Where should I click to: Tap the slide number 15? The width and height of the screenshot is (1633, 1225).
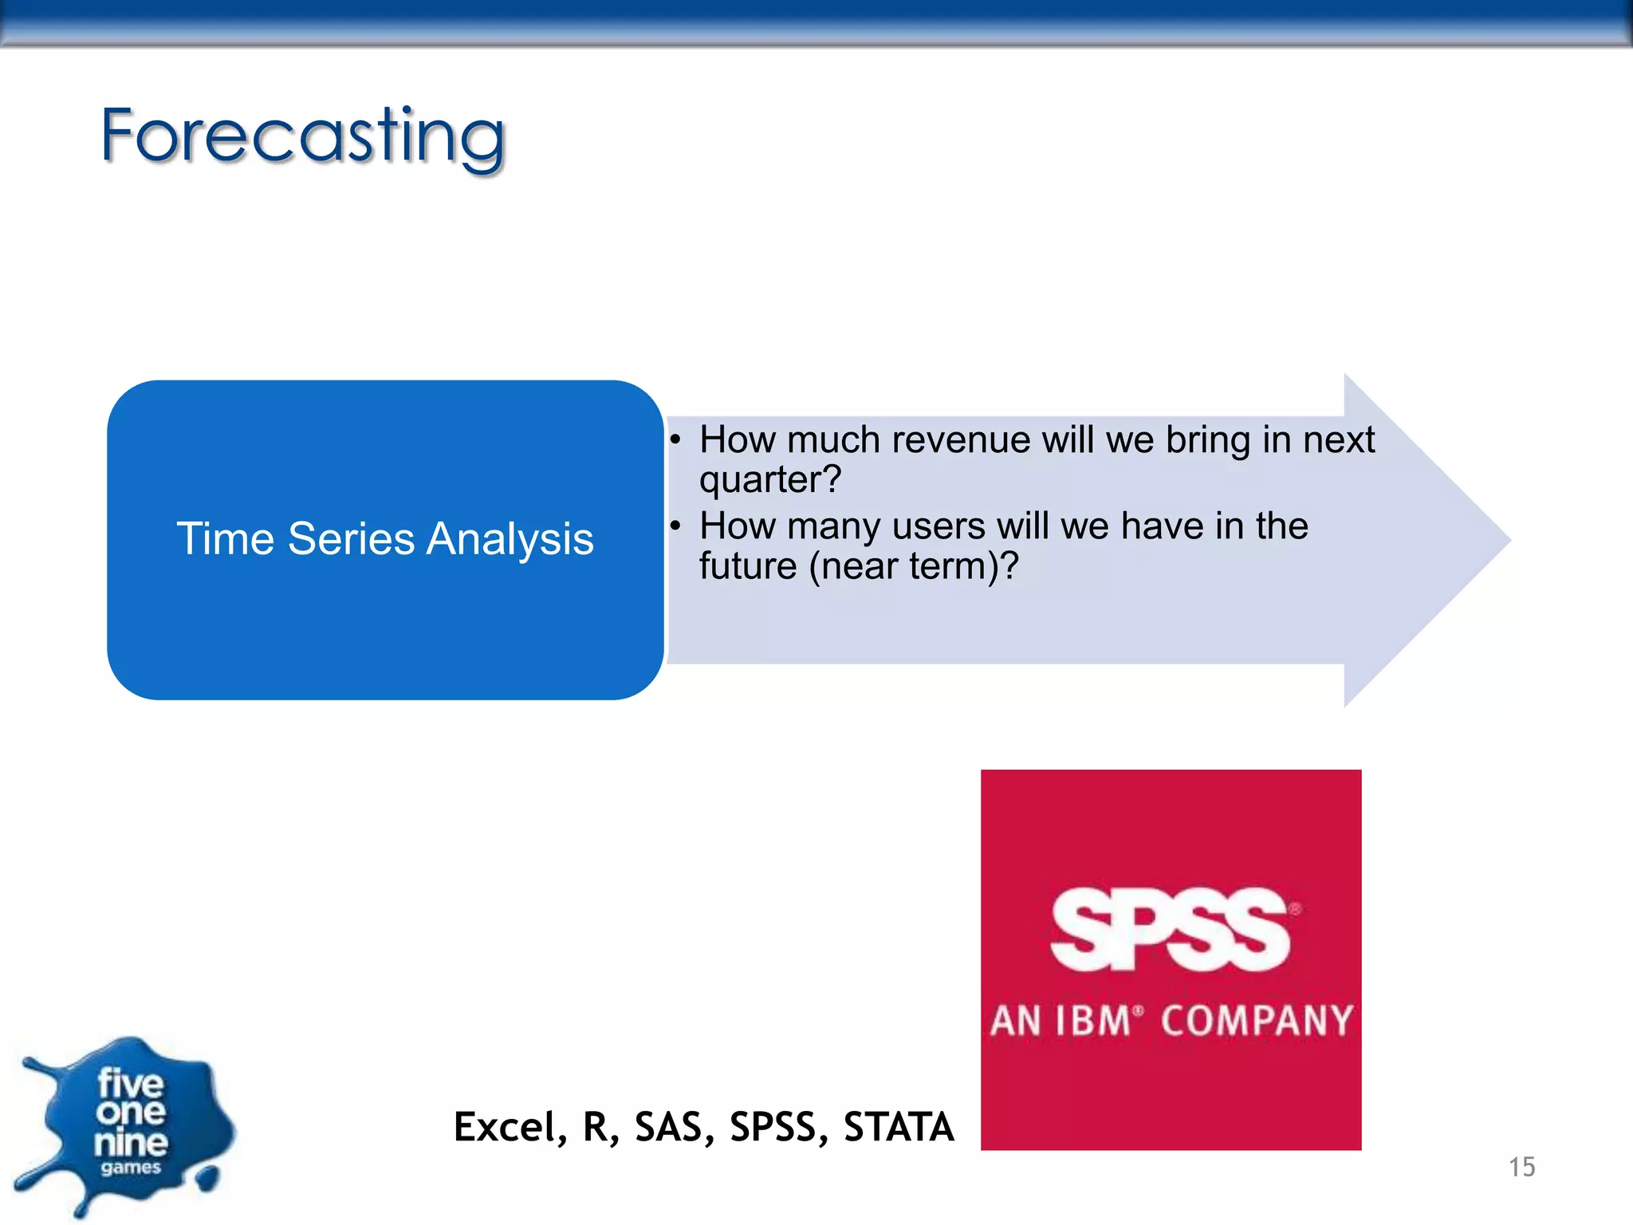click(x=1521, y=1168)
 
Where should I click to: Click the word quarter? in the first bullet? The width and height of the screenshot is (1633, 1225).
click(x=769, y=480)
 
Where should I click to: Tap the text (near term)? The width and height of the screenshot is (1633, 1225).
click(x=914, y=567)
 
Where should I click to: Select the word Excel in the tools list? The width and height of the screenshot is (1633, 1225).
click(x=504, y=1128)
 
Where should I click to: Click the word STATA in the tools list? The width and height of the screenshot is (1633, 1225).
click(x=899, y=1128)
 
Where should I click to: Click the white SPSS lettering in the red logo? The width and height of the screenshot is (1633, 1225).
click(x=1169, y=930)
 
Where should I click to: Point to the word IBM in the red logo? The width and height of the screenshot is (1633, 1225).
click(x=1092, y=1022)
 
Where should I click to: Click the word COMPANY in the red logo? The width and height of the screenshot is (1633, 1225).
click(x=1257, y=1022)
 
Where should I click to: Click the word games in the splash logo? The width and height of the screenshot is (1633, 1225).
click(x=131, y=1168)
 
